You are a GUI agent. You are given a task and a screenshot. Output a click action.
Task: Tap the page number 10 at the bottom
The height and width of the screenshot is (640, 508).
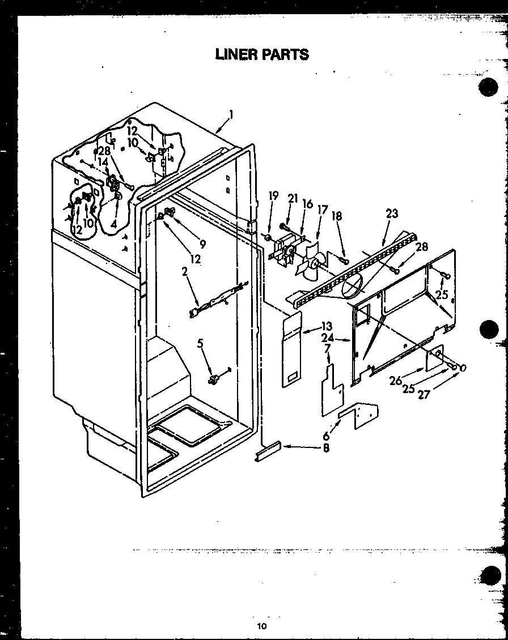(261, 626)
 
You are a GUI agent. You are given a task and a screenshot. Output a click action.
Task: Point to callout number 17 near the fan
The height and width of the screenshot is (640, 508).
(323, 210)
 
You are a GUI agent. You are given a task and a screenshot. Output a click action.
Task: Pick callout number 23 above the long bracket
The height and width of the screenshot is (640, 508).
(391, 214)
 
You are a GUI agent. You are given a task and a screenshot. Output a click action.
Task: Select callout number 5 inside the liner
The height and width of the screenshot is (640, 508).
(200, 343)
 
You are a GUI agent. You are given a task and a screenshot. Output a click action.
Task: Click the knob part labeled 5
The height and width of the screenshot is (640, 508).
(214, 378)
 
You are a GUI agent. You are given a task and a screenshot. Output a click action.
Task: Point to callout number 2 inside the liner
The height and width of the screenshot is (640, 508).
(185, 272)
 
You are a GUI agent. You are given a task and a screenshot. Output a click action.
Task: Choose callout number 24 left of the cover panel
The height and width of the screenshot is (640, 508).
(328, 338)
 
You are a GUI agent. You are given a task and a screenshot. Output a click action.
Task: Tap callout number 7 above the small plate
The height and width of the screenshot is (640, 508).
(328, 348)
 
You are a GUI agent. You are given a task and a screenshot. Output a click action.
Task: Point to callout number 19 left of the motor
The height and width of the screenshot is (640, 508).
(274, 196)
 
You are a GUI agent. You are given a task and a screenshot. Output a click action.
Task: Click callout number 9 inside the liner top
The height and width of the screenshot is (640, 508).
(202, 245)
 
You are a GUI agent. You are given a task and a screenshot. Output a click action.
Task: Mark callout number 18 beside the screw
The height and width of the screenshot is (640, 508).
(337, 216)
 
